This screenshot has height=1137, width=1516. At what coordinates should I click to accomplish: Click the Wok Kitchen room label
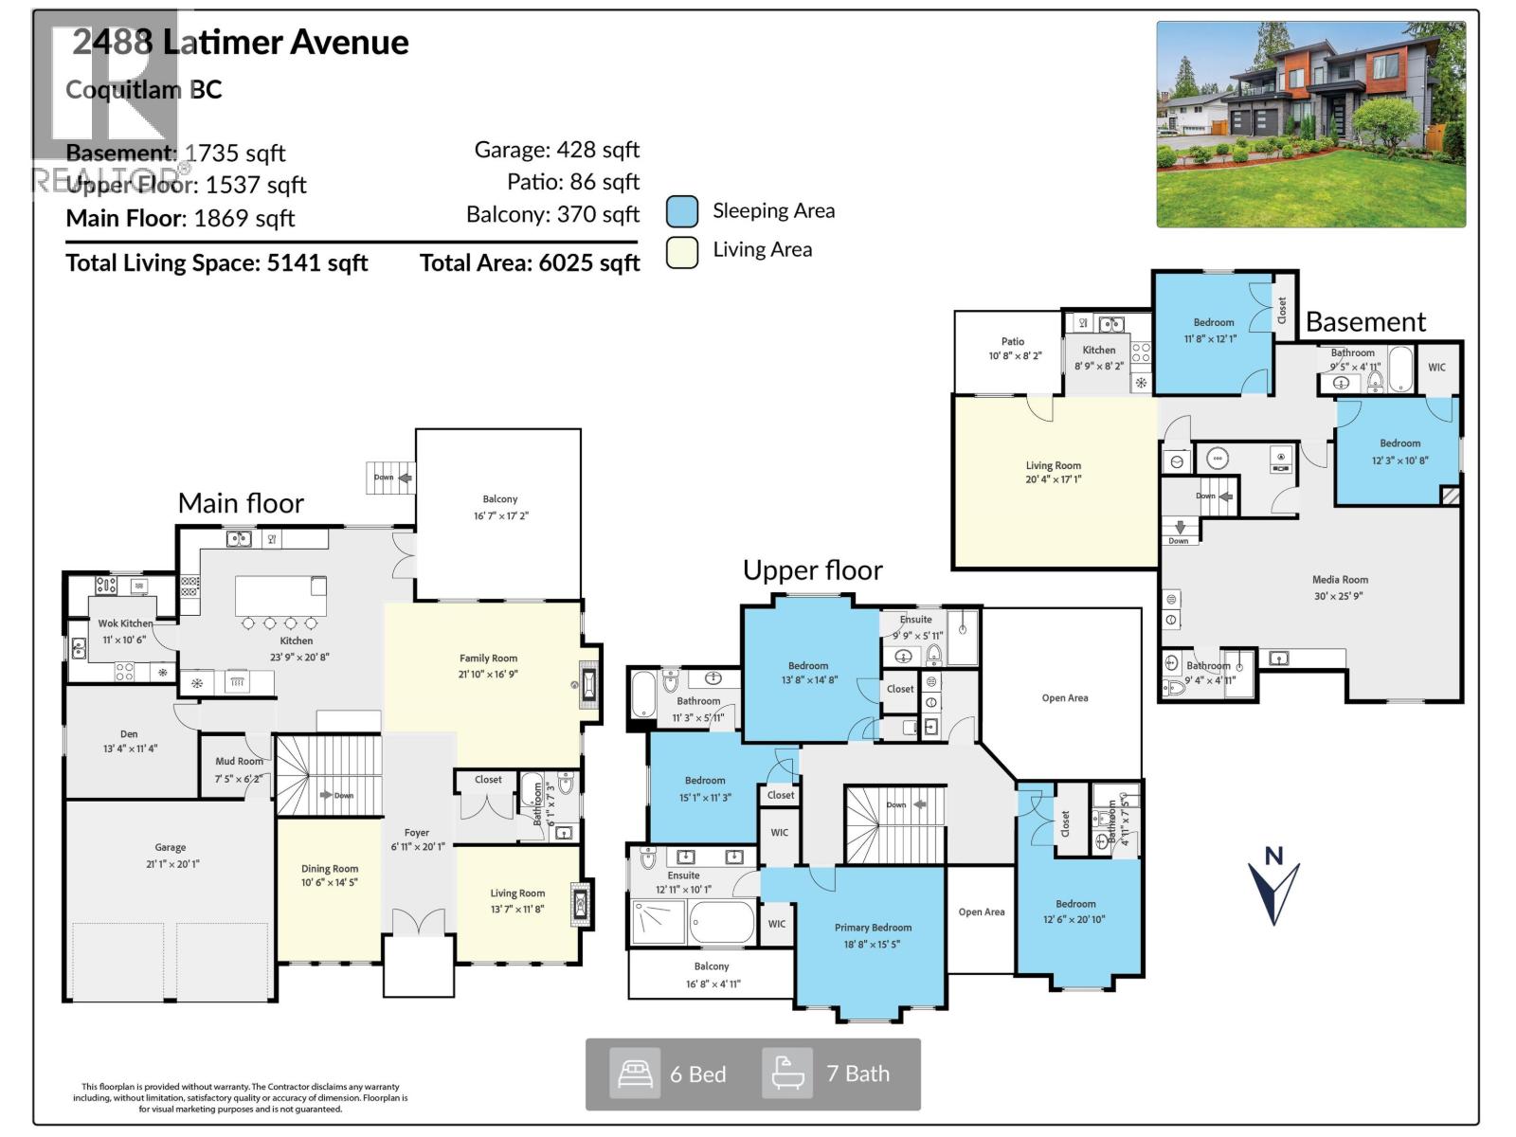click(125, 623)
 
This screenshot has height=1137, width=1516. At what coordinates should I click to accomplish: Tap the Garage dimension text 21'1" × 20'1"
click(171, 864)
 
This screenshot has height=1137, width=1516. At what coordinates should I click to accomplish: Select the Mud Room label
click(239, 761)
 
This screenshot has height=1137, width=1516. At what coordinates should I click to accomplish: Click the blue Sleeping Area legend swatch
click(681, 211)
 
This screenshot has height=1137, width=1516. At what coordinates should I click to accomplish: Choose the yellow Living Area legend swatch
click(681, 251)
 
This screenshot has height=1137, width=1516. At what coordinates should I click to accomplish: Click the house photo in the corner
click(1310, 124)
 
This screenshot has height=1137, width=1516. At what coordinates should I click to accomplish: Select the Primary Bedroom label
click(873, 928)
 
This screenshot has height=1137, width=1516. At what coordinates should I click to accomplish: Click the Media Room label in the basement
click(1340, 580)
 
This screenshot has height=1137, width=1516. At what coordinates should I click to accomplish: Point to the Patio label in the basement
click(1013, 341)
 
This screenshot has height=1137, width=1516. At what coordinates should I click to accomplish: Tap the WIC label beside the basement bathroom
click(1436, 368)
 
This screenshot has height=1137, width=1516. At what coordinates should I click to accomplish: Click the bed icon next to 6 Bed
click(634, 1074)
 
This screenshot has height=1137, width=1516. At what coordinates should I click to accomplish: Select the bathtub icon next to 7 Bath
click(786, 1074)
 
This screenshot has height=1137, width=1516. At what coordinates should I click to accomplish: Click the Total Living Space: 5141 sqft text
click(216, 263)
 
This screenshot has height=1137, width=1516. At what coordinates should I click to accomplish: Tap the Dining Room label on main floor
click(330, 869)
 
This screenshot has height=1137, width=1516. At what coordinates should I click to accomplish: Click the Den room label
click(129, 733)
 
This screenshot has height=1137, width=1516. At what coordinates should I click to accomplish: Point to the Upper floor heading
click(812, 570)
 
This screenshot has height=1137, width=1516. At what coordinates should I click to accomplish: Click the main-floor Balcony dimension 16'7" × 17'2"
click(500, 516)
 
